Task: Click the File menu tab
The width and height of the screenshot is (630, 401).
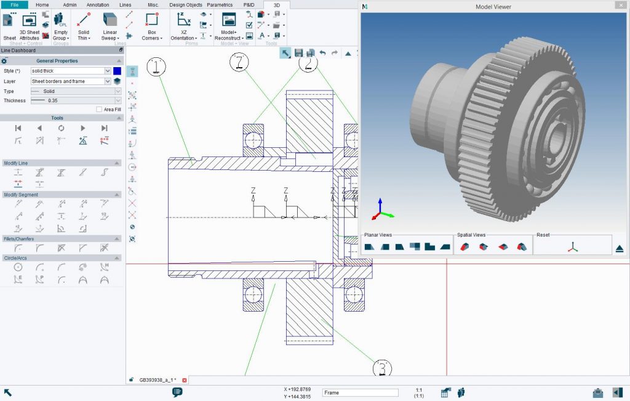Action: [x=15, y=4]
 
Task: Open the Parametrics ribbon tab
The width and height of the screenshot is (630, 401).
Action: [x=220, y=4]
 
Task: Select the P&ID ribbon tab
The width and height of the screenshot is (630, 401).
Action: [x=249, y=4]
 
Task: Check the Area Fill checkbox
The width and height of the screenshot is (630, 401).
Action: [x=99, y=109]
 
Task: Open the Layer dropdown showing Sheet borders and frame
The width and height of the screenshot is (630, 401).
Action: [x=71, y=81]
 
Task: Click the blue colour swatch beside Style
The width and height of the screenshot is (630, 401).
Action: [x=117, y=71]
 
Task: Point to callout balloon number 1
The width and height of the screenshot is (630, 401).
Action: [x=156, y=67]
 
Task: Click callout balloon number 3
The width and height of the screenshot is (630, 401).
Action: [x=382, y=368]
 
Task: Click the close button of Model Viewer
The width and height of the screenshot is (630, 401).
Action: [x=620, y=7]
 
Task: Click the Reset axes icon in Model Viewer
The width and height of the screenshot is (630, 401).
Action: [x=572, y=246]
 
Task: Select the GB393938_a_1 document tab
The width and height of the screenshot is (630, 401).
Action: [x=157, y=380]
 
